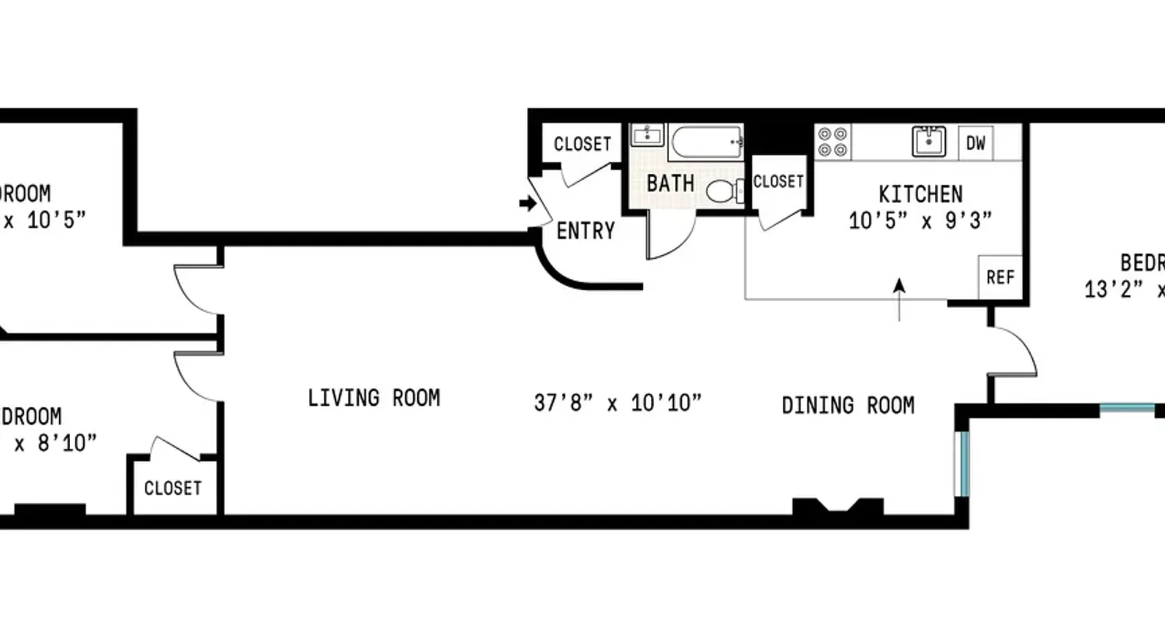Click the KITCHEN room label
[x=920, y=193]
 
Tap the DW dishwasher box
[x=975, y=143]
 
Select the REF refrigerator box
[x=1000, y=277]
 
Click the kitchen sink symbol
[x=929, y=142]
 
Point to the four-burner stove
[x=833, y=142]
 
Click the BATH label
[x=670, y=184]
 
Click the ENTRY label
[x=586, y=231]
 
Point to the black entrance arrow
[x=527, y=204]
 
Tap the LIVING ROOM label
[x=374, y=398]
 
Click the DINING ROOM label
[x=847, y=405]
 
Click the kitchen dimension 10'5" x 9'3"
[x=920, y=221]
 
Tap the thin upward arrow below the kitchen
[x=899, y=299]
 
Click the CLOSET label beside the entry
[x=582, y=144]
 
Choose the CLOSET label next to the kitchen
[x=778, y=181]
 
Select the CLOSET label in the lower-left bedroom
[x=172, y=488]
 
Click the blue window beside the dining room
[x=962, y=463]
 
